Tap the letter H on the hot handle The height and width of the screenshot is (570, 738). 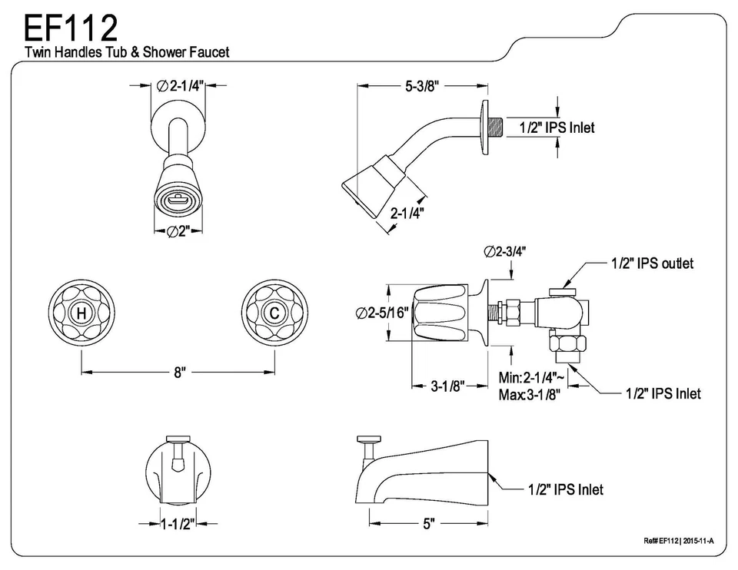click(81, 314)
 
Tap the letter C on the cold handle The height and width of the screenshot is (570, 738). click(274, 314)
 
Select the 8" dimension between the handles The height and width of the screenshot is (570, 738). click(178, 373)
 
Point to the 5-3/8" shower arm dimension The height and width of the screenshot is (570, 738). click(421, 87)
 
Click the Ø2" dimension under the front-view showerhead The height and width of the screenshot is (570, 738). click(178, 232)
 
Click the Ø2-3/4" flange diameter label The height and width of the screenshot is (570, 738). click(505, 251)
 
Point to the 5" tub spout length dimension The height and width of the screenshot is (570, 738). click(428, 524)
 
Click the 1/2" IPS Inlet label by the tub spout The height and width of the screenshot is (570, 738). click(565, 489)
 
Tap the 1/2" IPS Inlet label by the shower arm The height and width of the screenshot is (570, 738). click(557, 128)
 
